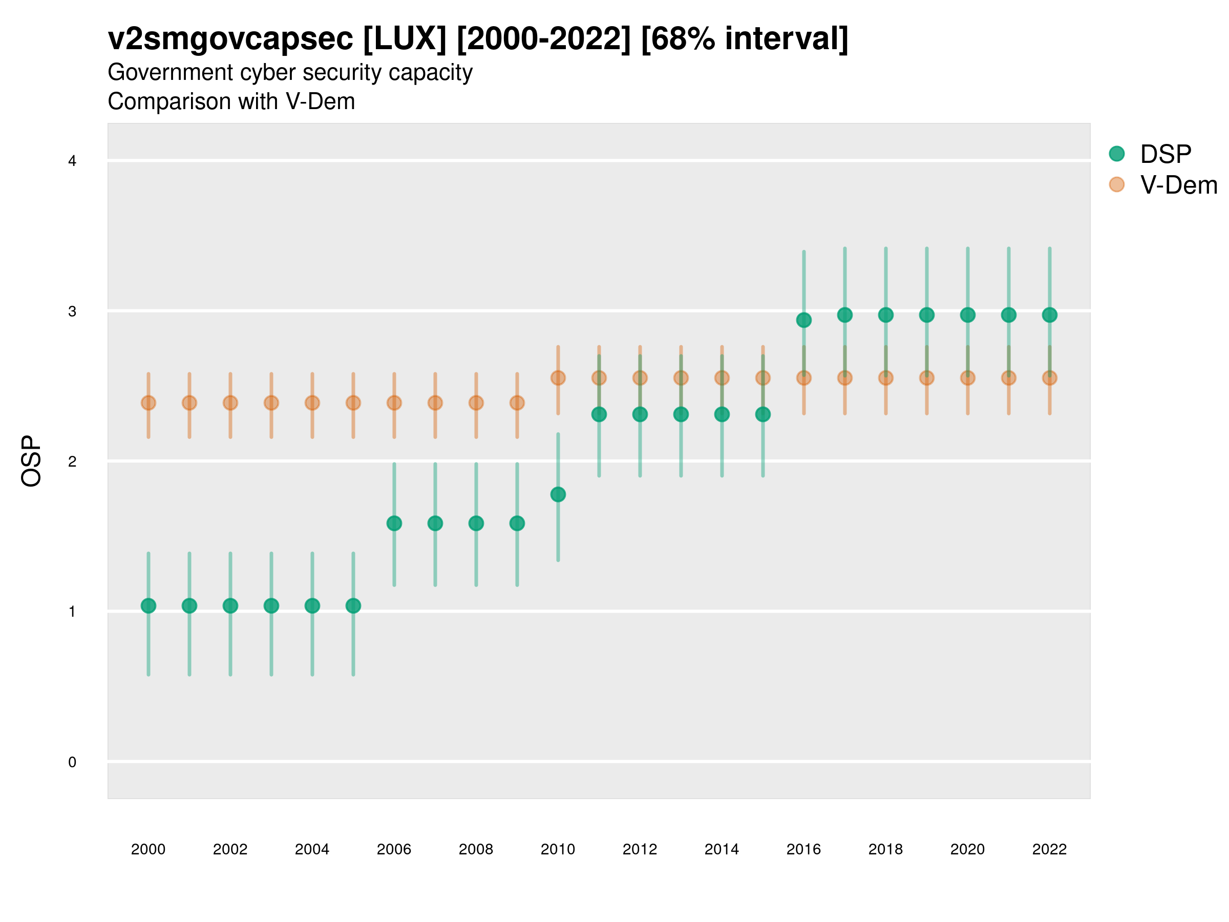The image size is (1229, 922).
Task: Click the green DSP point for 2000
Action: pyautogui.click(x=149, y=606)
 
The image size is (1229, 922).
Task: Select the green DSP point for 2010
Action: pyautogui.click(x=558, y=494)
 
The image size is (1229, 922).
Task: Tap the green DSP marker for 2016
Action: pyautogui.click(x=803, y=320)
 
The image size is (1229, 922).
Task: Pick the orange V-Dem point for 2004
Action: pyautogui.click(x=312, y=403)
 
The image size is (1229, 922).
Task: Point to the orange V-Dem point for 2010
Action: pyautogui.click(x=558, y=378)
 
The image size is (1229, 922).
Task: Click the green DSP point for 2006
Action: pyautogui.click(x=394, y=523)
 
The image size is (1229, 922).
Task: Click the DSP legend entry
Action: pyautogui.click(x=1165, y=154)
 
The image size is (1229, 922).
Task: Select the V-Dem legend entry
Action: pyautogui.click(x=1178, y=185)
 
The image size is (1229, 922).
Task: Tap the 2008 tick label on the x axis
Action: pyautogui.click(x=476, y=849)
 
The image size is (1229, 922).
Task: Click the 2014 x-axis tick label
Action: pyautogui.click(x=722, y=849)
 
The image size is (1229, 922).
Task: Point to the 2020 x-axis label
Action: pyautogui.click(x=967, y=849)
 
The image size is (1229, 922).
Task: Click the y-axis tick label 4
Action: pyautogui.click(x=72, y=161)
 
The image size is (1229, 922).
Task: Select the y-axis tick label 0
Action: pyautogui.click(x=72, y=762)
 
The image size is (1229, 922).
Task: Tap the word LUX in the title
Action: pyautogui.click(x=405, y=39)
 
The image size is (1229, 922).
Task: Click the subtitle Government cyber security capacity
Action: pyautogui.click(x=290, y=72)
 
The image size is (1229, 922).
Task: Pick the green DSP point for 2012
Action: pyautogui.click(x=640, y=414)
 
